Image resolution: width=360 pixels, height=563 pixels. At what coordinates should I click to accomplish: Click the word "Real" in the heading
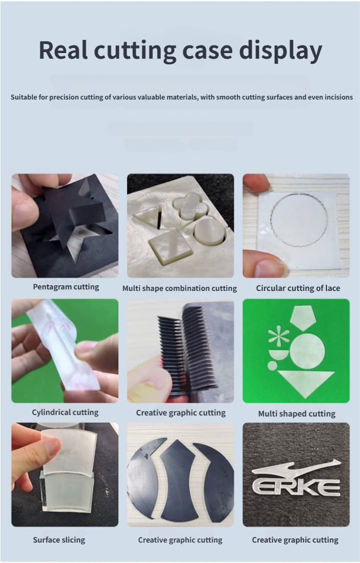(63, 50)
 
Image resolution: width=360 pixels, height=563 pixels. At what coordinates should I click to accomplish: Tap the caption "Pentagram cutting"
(66, 287)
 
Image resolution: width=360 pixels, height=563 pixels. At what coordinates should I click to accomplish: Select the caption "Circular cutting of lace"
(298, 288)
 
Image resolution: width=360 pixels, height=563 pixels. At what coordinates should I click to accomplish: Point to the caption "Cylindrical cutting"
(65, 412)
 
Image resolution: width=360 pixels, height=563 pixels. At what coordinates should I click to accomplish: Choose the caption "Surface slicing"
(59, 540)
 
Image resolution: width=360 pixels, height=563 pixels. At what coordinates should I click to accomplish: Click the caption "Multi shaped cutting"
(297, 413)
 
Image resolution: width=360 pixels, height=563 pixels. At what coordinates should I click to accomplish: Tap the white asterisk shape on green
(278, 337)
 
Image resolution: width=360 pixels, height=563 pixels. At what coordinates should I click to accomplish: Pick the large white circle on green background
(307, 351)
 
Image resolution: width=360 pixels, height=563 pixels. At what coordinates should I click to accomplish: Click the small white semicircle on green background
(279, 355)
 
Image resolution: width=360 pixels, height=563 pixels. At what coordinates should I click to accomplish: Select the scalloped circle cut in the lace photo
(299, 220)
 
